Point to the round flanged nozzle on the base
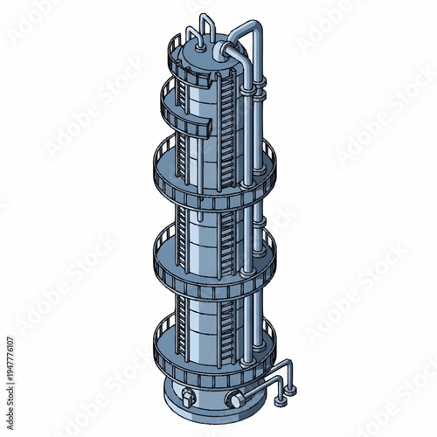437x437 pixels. click(233, 399)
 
